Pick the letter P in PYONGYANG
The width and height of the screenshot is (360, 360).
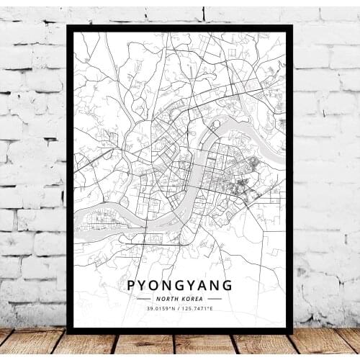(132, 284)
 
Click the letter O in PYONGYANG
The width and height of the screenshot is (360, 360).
(157, 284)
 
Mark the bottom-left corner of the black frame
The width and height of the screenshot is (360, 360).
(68, 332)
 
